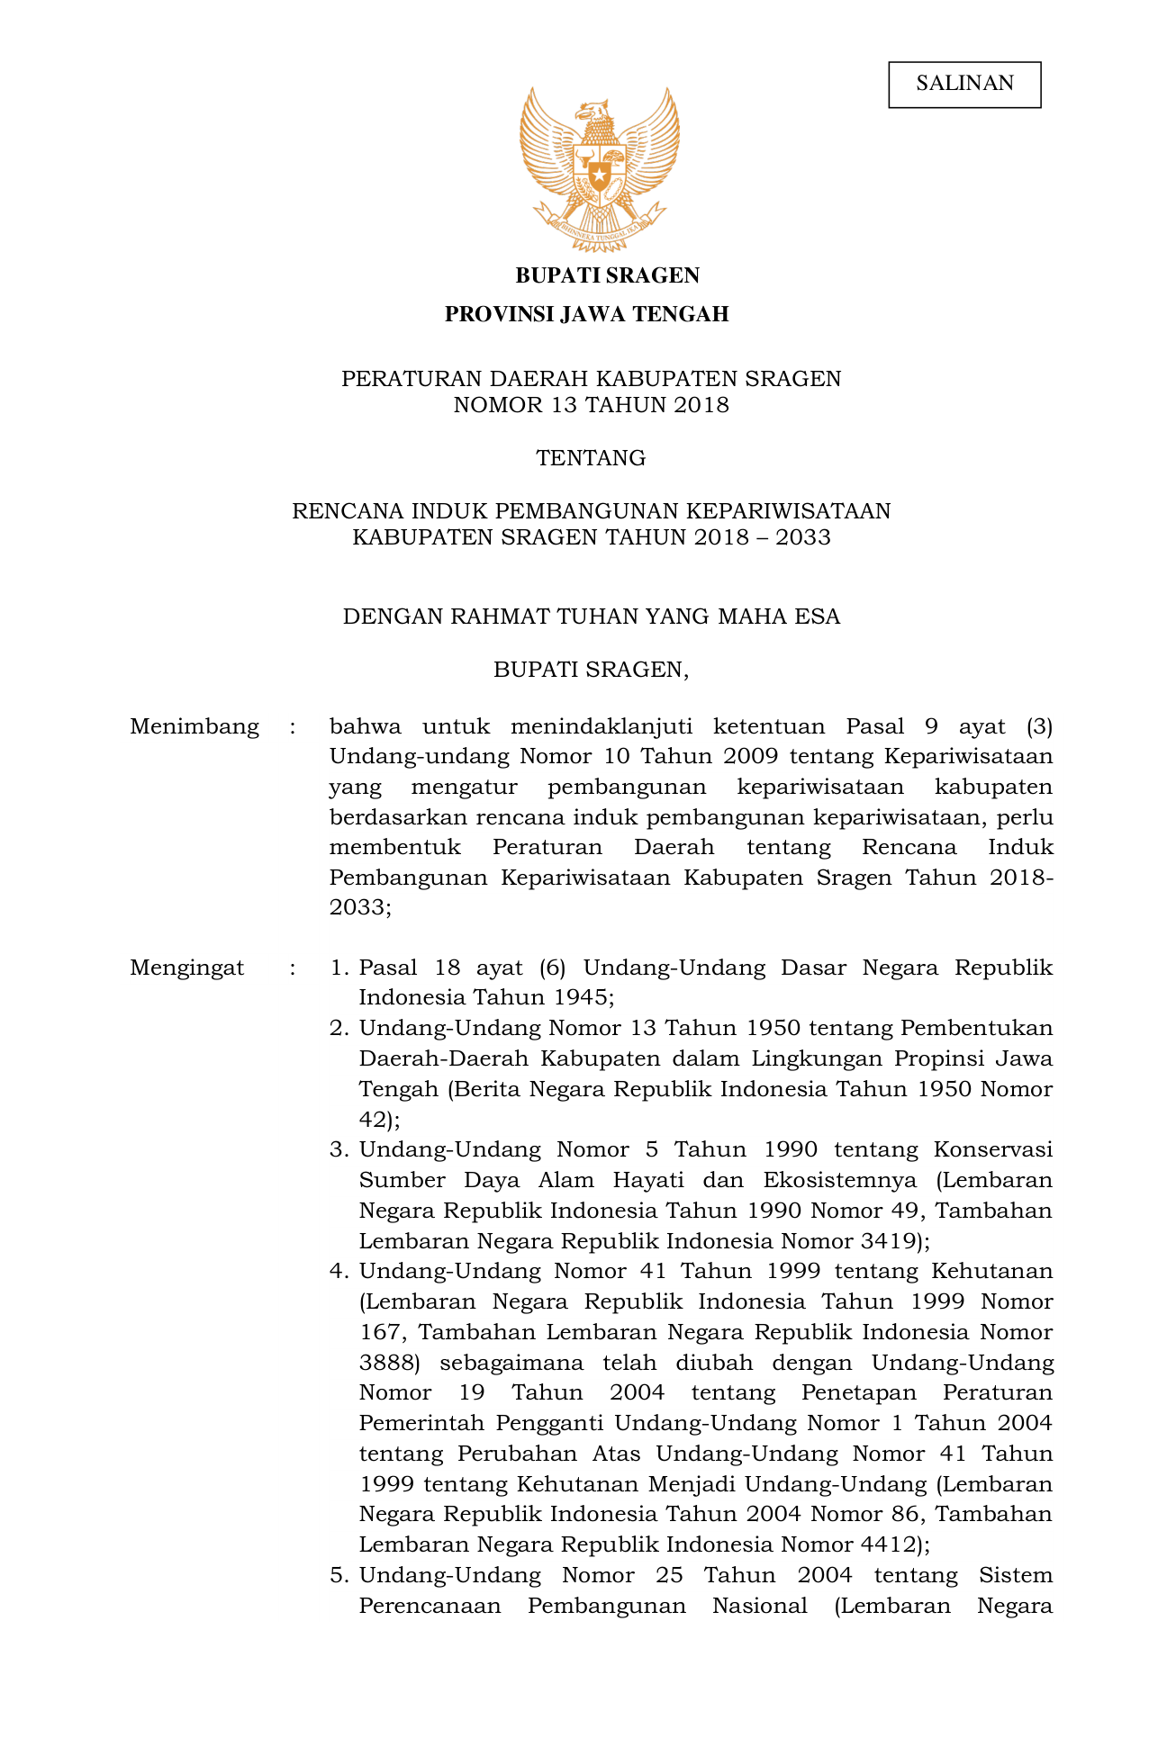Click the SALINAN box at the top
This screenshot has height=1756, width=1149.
coord(964,84)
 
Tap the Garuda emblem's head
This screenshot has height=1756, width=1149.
coord(593,113)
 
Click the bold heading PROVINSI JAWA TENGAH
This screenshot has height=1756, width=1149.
coord(586,314)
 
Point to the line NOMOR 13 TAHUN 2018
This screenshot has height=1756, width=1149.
coord(591,405)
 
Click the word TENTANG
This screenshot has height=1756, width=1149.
coord(591,458)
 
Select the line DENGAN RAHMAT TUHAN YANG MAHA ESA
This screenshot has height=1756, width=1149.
coord(591,617)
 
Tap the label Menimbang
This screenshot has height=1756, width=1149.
coord(195,726)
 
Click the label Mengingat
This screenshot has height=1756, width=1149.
coord(187,968)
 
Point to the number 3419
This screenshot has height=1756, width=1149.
coord(888,1241)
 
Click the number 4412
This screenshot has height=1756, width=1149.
coord(888,1545)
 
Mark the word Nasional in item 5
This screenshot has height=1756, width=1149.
coord(759,1607)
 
